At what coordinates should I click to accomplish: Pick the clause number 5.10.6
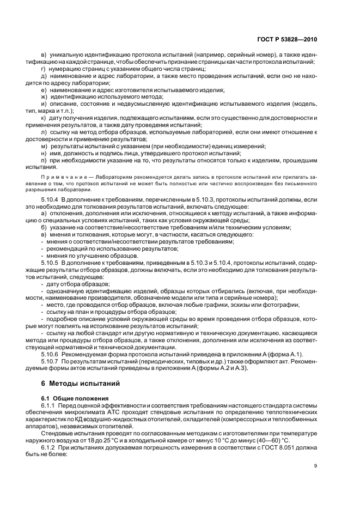(x=50, y=355)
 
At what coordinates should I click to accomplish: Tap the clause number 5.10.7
(x=50, y=361)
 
